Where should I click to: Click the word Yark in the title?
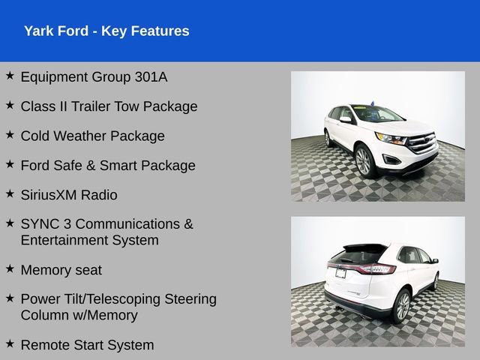(x=38, y=31)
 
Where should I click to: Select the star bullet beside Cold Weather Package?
(x=10, y=134)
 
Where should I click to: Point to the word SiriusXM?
(x=52, y=195)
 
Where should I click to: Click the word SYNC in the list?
(x=39, y=224)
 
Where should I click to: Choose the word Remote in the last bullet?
(x=46, y=345)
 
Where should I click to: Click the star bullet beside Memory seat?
(x=10, y=268)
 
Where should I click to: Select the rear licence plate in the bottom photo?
(x=341, y=273)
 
